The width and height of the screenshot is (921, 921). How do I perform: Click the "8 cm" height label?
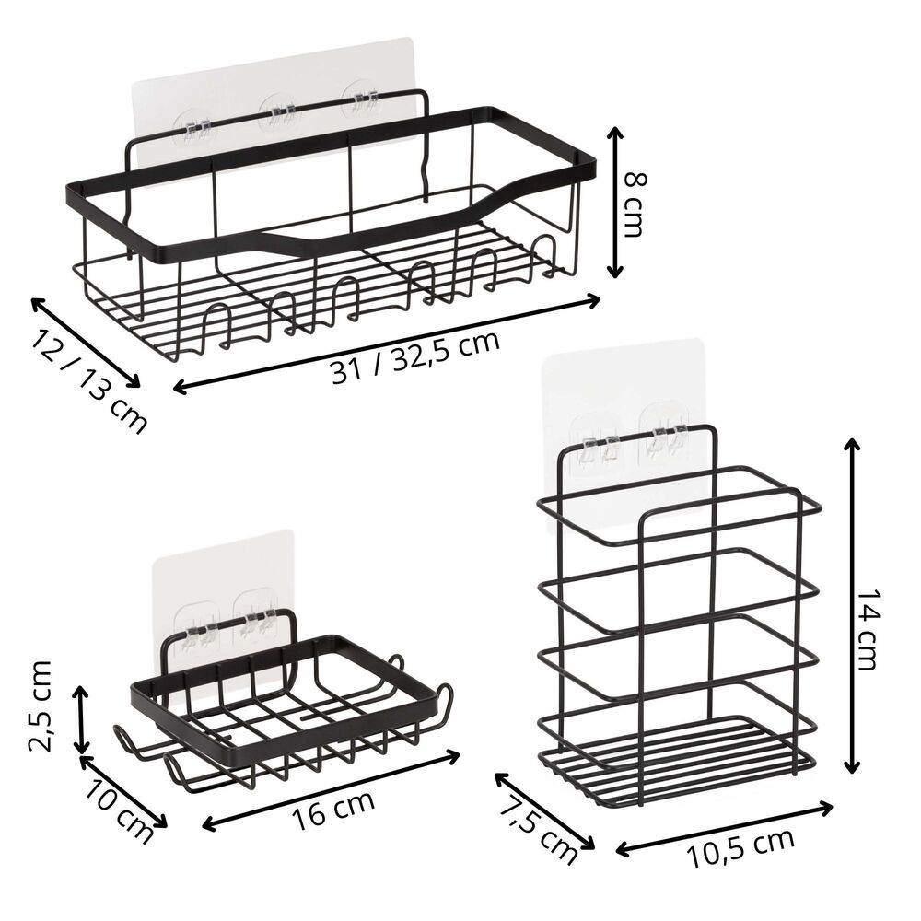(x=634, y=203)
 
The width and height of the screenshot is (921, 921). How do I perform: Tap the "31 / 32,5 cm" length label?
(x=415, y=357)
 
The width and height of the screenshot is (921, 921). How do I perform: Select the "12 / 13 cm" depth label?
(x=89, y=381)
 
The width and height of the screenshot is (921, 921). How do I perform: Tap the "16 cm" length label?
(x=332, y=810)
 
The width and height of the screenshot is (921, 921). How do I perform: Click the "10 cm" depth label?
(x=119, y=812)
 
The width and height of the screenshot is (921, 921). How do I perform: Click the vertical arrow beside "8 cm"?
(x=614, y=202)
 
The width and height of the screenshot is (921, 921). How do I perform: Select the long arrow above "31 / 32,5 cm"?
(x=387, y=344)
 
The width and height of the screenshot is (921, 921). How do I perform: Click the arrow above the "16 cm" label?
(x=330, y=790)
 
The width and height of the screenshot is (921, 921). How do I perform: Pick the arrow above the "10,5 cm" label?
(x=724, y=829)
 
